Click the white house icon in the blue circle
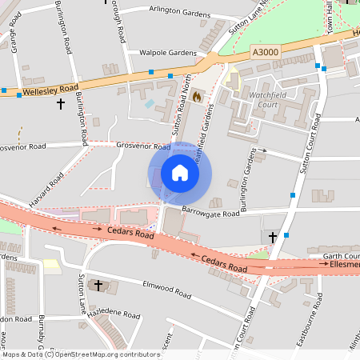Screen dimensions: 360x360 pos(180,173)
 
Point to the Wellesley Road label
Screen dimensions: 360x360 pos(50,88)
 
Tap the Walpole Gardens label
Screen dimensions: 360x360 pos(167,53)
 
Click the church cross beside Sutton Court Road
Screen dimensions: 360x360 pos(273,237)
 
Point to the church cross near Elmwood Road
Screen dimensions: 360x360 pos(99,285)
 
